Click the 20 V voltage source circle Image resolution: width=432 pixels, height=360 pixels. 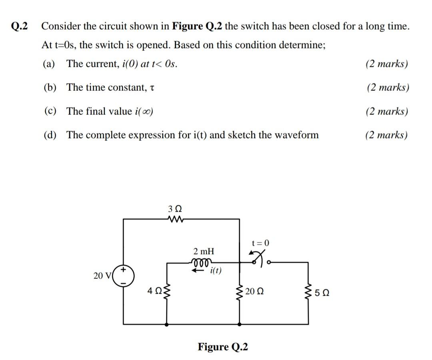124,276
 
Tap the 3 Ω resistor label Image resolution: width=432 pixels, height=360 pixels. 175,209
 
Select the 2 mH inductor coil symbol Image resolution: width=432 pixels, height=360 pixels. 200,262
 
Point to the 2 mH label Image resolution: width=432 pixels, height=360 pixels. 204,252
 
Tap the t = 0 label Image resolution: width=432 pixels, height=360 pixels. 261,243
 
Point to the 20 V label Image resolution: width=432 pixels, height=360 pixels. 101,276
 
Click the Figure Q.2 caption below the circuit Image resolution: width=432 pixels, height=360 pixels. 223,346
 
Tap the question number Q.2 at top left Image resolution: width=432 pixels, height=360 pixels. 20,26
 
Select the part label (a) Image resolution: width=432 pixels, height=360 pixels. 50,64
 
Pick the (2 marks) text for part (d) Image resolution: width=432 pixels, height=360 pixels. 386,135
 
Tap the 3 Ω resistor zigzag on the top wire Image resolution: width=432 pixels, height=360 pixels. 175,219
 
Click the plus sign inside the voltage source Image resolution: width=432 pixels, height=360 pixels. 124,271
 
